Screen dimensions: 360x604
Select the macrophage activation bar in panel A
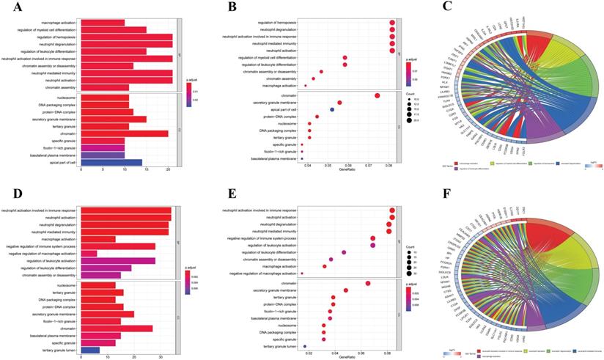click(x=103, y=23)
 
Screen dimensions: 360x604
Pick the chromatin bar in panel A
click(x=125, y=133)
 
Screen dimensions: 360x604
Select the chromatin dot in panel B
click(x=377, y=95)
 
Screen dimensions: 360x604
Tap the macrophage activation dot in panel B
click(x=306, y=86)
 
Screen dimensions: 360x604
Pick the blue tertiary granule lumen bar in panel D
click(x=90, y=350)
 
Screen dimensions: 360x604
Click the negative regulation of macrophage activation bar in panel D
click(x=89, y=254)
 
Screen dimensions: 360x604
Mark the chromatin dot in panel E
click(x=368, y=283)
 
